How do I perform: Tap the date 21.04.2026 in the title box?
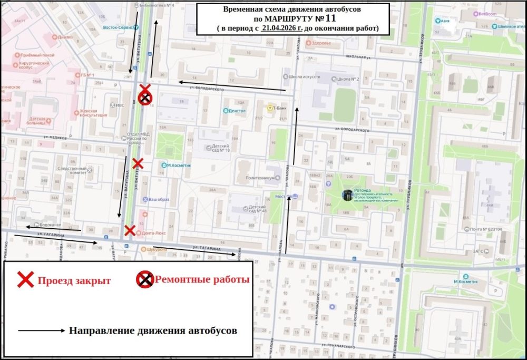tap(282, 27)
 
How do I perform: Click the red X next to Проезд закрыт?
tap(25, 280)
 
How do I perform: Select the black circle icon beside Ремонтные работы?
tap(145, 280)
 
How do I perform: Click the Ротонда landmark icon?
tap(347, 196)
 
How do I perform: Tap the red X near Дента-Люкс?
tap(129, 230)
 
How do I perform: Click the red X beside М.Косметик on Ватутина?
tap(138, 163)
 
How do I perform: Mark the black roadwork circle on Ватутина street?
tap(145, 98)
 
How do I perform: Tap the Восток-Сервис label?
tap(116, 27)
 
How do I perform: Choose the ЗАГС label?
tap(479, 251)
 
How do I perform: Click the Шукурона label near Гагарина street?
tap(157, 249)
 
